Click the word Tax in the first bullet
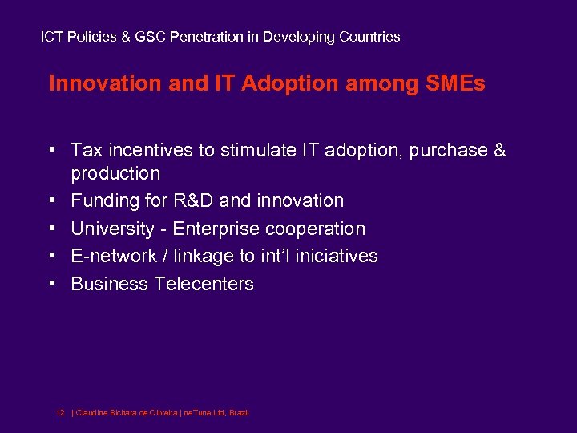(x=85, y=151)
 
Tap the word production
(x=115, y=174)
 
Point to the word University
(x=112, y=229)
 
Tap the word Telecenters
(x=204, y=284)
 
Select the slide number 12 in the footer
(x=60, y=412)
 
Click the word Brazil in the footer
(x=239, y=412)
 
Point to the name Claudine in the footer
(x=93, y=412)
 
